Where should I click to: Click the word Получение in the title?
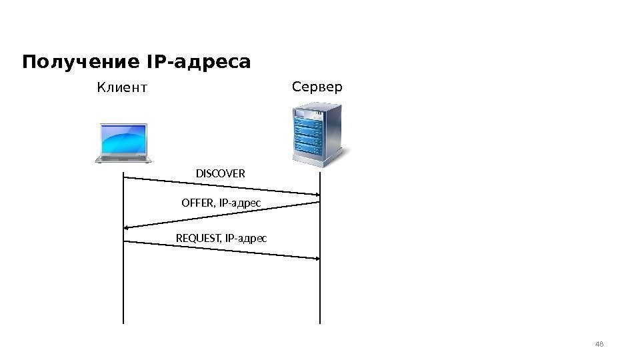tap(79, 63)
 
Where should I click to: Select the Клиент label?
tap(121, 87)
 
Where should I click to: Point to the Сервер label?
tap(317, 87)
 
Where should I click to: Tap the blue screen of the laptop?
tap(123, 138)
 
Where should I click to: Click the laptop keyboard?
tap(123, 158)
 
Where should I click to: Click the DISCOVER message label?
tap(220, 174)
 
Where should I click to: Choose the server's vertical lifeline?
tap(321, 293)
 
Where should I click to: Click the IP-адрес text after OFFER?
tap(239, 202)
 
